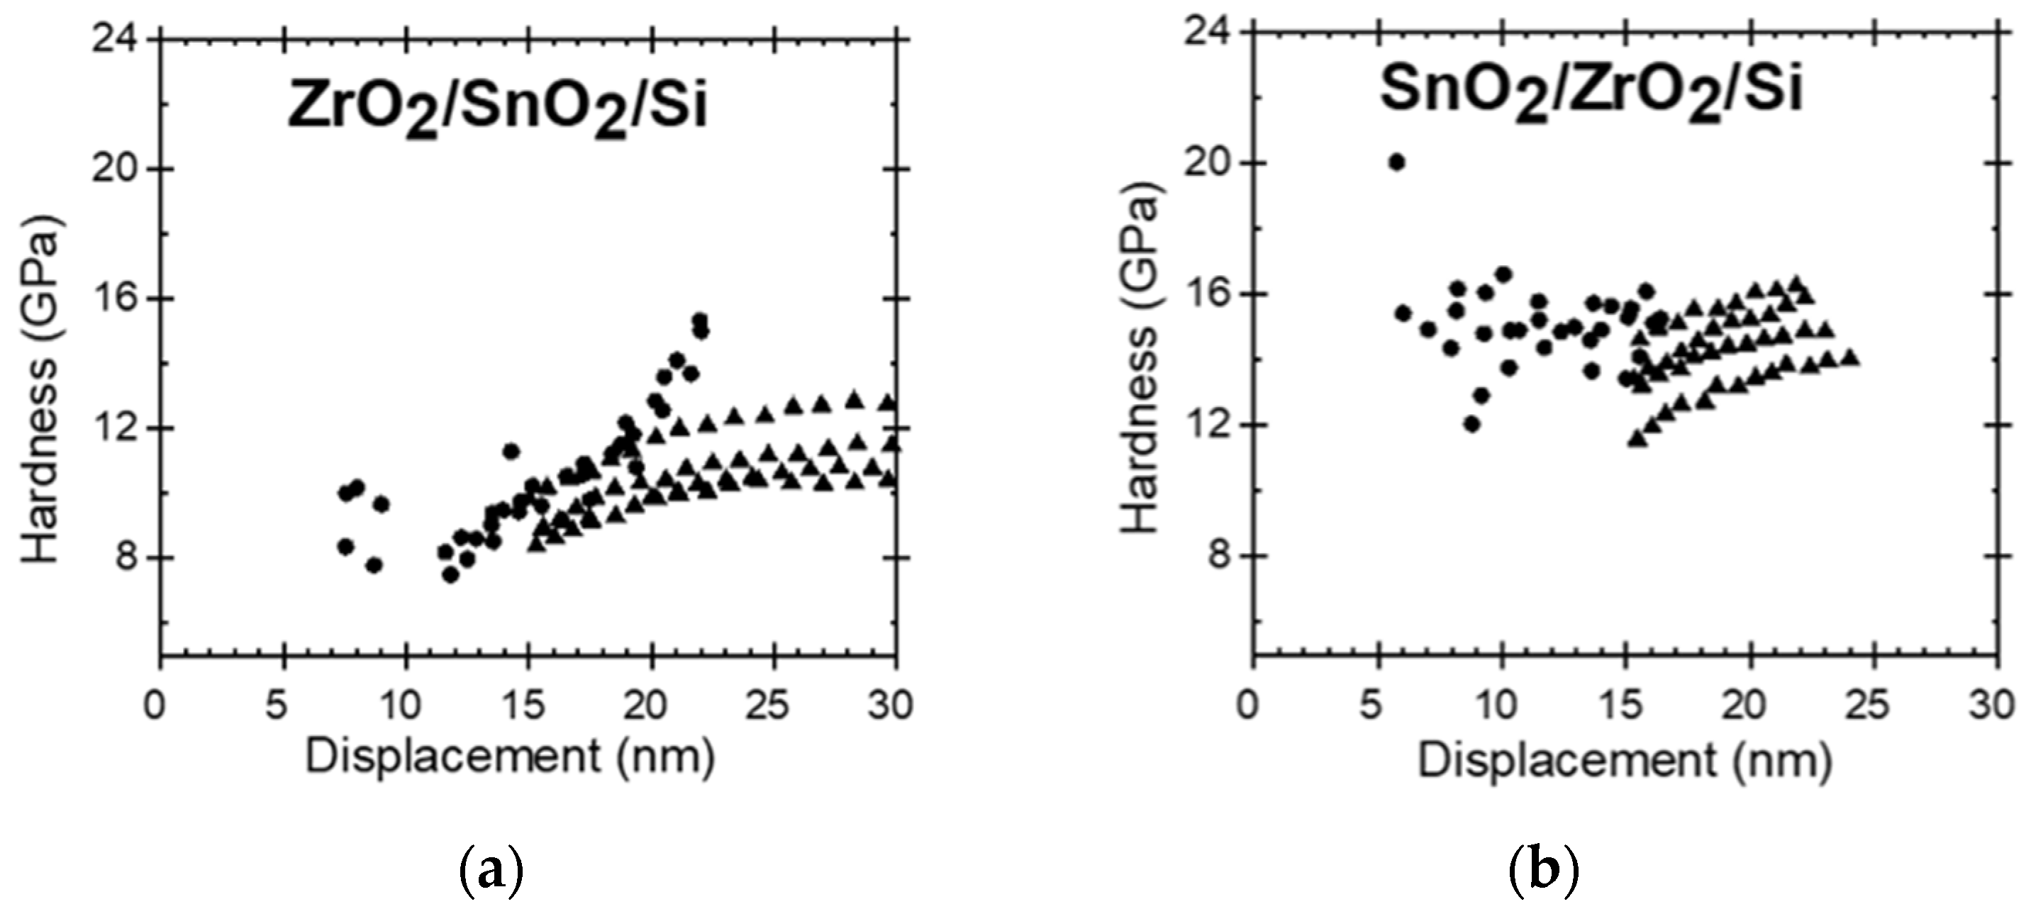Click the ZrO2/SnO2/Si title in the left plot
click(x=496, y=106)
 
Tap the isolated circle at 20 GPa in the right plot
click(x=1396, y=162)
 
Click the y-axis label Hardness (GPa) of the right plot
click(x=1137, y=364)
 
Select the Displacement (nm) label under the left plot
click(x=510, y=757)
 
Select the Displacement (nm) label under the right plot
click(x=1624, y=761)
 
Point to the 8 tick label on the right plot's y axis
click(x=1219, y=556)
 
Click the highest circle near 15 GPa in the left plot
click(x=699, y=320)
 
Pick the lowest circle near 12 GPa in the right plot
click(x=1471, y=424)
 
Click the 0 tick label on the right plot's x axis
click(x=1248, y=704)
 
